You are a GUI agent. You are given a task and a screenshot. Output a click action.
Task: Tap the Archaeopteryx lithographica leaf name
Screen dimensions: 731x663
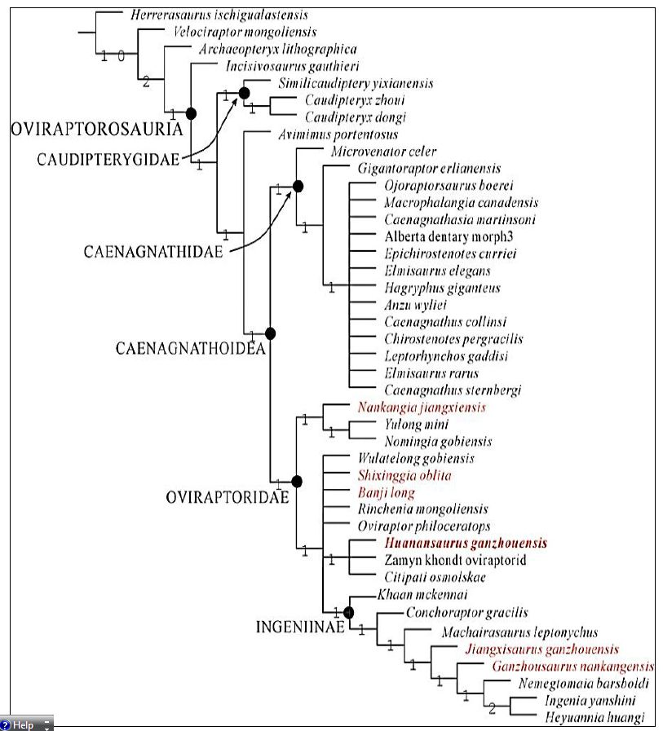(277, 49)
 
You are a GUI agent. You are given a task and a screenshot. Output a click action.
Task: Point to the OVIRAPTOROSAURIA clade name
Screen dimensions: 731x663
(95, 128)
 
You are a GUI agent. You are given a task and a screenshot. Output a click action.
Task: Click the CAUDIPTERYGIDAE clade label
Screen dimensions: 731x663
(108, 160)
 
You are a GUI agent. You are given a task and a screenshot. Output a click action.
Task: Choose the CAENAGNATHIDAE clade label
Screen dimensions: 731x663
(152, 252)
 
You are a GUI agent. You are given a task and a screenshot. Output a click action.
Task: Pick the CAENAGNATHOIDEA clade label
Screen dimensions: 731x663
(190, 349)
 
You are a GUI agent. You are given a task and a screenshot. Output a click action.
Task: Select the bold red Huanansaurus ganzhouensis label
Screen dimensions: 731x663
(465, 543)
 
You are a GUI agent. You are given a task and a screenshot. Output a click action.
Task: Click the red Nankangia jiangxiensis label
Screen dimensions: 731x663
(421, 407)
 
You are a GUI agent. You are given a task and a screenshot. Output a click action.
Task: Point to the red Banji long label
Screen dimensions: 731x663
(386, 492)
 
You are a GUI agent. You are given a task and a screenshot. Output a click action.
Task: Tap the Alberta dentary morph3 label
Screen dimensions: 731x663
(449, 236)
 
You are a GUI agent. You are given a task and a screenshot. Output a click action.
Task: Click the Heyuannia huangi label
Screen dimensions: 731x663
(594, 717)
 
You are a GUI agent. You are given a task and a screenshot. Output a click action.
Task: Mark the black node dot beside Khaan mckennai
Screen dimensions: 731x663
(349, 612)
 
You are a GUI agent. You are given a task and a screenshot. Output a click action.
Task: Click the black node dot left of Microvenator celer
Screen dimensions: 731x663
(298, 187)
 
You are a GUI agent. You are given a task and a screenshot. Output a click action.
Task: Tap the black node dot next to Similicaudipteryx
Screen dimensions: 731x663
(244, 92)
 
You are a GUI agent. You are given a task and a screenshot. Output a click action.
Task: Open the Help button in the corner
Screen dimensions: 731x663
(26, 724)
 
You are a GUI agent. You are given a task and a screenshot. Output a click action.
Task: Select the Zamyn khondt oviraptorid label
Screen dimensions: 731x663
(455, 560)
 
